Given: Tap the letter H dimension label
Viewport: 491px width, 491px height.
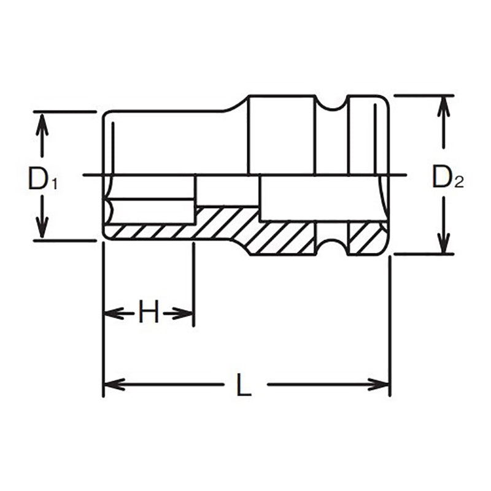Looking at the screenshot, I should [148, 314].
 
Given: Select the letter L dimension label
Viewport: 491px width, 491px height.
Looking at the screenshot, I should [244, 385].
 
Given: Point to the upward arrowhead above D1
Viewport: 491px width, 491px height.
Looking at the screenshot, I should [41, 122].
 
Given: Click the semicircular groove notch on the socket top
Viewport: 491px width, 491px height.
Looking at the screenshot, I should [331, 104].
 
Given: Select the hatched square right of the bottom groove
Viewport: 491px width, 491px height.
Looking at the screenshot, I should [366, 238].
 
